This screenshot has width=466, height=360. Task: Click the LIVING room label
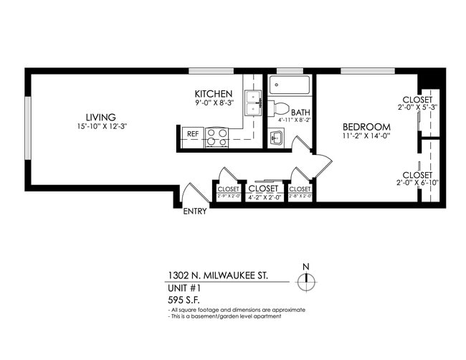101,118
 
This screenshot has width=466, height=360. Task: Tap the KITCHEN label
214,94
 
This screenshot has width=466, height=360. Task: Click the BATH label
301,112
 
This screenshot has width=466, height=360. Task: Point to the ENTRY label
195,212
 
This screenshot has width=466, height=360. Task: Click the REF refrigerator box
192,133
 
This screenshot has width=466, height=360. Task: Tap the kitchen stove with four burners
217,137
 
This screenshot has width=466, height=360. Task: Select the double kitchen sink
253,105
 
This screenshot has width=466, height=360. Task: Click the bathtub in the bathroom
290,88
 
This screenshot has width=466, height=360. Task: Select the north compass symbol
306,280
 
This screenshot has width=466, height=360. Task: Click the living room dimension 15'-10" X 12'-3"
101,127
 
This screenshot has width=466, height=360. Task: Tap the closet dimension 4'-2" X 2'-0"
263,196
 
